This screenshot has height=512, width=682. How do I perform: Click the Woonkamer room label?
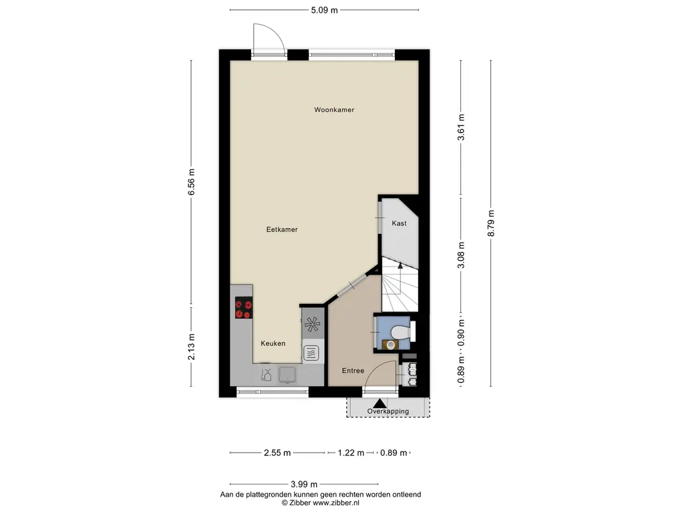pyautogui.click(x=334, y=110)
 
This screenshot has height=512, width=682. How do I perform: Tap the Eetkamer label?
pyautogui.click(x=282, y=229)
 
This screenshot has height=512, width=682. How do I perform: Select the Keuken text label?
pyautogui.click(x=272, y=343)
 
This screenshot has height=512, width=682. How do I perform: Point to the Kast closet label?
pyautogui.click(x=399, y=223)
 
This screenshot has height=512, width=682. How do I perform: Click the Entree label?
pyautogui.click(x=353, y=371)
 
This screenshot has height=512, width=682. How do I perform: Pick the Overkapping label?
pyautogui.click(x=388, y=411)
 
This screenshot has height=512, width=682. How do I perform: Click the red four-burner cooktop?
pyautogui.click(x=244, y=308)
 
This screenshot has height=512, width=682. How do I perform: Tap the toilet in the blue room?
pyautogui.click(x=400, y=333)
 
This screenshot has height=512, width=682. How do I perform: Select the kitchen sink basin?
pyautogui.click(x=288, y=375)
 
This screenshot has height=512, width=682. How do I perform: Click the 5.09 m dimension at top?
pyautogui.click(x=324, y=10)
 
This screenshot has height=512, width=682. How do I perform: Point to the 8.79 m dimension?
pyautogui.click(x=491, y=223)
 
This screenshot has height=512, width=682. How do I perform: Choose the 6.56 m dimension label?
pyautogui.click(x=191, y=182)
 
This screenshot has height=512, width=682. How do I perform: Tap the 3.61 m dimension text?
pyautogui.click(x=461, y=127)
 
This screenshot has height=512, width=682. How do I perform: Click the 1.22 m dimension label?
pyautogui.click(x=351, y=453)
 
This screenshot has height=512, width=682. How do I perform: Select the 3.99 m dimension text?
pyautogui.click(x=304, y=484)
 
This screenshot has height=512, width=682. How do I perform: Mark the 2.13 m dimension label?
pyautogui.click(x=191, y=347)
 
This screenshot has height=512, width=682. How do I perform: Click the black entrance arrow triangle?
pyautogui.click(x=380, y=403)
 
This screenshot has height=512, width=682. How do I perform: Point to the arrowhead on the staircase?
pyautogui.click(x=400, y=265)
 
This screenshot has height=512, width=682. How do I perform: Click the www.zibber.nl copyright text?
pyautogui.click(x=320, y=503)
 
